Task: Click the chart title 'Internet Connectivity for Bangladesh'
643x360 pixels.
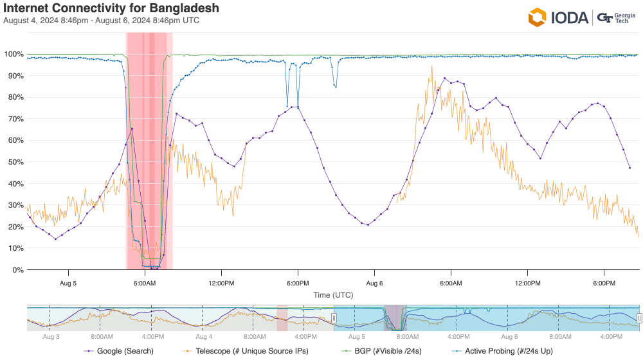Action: tap(111, 9)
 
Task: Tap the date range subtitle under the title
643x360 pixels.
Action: tap(101, 21)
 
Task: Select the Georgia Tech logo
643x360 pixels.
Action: tap(615, 17)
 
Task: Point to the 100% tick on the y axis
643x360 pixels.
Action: tap(14, 54)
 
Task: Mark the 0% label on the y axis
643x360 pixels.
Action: tap(17, 270)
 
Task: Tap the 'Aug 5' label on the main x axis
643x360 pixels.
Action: tap(68, 283)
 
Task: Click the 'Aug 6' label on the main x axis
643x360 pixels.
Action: tap(375, 283)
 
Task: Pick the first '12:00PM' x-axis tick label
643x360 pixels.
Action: tap(221, 283)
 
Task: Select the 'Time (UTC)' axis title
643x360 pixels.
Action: tap(333, 295)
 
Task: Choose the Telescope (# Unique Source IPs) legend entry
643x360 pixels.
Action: tap(244, 350)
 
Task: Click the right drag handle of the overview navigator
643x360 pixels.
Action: tap(639, 318)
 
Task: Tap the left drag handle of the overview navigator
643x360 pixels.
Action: tap(334, 318)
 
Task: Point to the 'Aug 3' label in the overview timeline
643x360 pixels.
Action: tap(51, 336)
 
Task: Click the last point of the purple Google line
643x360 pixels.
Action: tap(629, 168)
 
